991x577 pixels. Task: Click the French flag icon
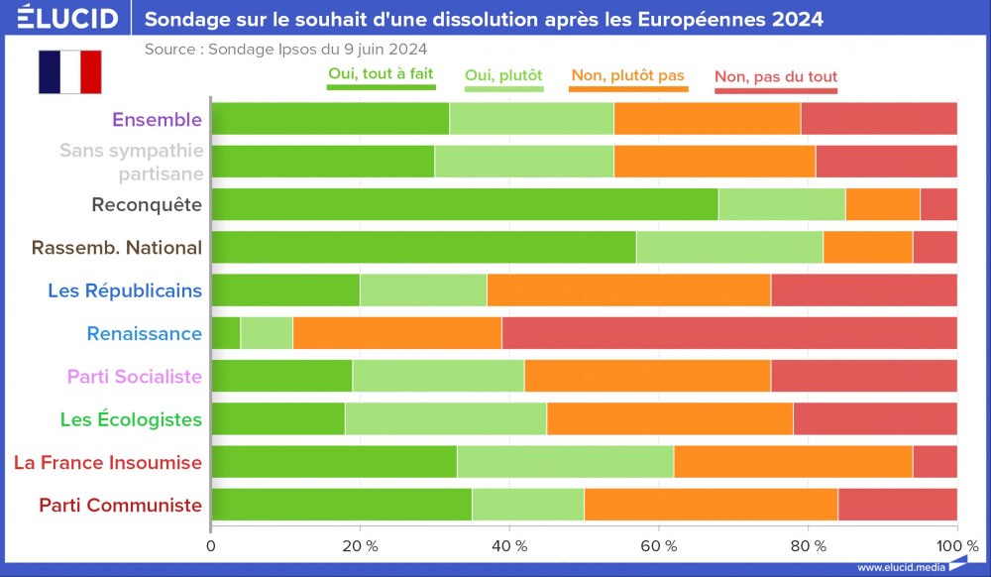[70, 71]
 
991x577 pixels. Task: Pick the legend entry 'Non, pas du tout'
[776, 76]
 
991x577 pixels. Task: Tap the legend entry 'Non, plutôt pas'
[628, 75]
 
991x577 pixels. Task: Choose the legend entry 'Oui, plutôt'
[503, 75]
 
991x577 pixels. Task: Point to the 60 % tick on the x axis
[658, 545]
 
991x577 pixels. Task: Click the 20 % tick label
[360, 545]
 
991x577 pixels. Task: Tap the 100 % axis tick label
[957, 545]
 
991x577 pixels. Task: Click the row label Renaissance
[145, 334]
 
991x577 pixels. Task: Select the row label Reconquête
[147, 205]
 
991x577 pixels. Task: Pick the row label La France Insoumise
[108, 462]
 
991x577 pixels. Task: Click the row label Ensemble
[157, 120]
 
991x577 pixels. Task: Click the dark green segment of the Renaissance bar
[226, 334]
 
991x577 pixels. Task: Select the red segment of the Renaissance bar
[729, 334]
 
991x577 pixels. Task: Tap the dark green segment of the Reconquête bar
[465, 205]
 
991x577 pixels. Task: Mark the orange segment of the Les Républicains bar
[628, 290]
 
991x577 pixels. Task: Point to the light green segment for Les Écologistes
[446, 419]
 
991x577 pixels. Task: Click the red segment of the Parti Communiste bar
[898, 505]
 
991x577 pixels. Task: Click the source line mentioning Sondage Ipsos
[286, 49]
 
